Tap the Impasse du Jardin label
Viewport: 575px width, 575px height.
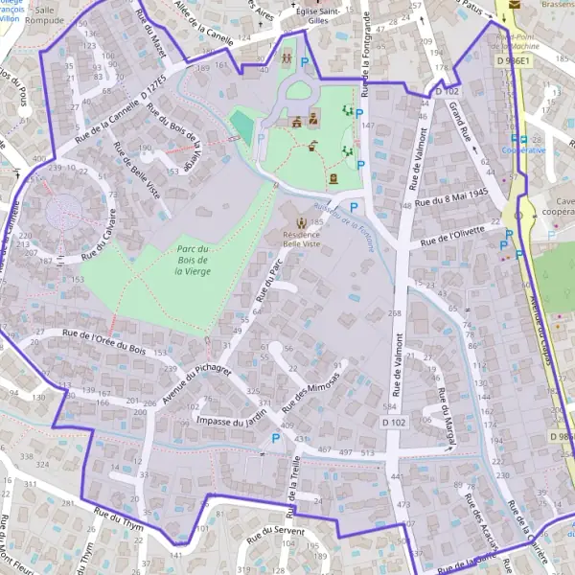(x=230, y=421)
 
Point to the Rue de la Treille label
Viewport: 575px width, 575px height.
(x=295, y=484)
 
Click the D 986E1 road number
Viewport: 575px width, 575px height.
(x=513, y=60)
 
